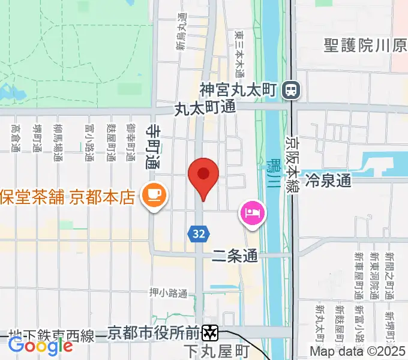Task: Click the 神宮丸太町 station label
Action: coord(238,91)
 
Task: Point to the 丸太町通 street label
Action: coord(205,109)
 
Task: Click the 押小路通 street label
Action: coord(169,293)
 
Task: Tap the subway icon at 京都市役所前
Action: coord(210,331)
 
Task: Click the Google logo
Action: coord(40,344)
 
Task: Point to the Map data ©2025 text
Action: coord(358,351)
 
